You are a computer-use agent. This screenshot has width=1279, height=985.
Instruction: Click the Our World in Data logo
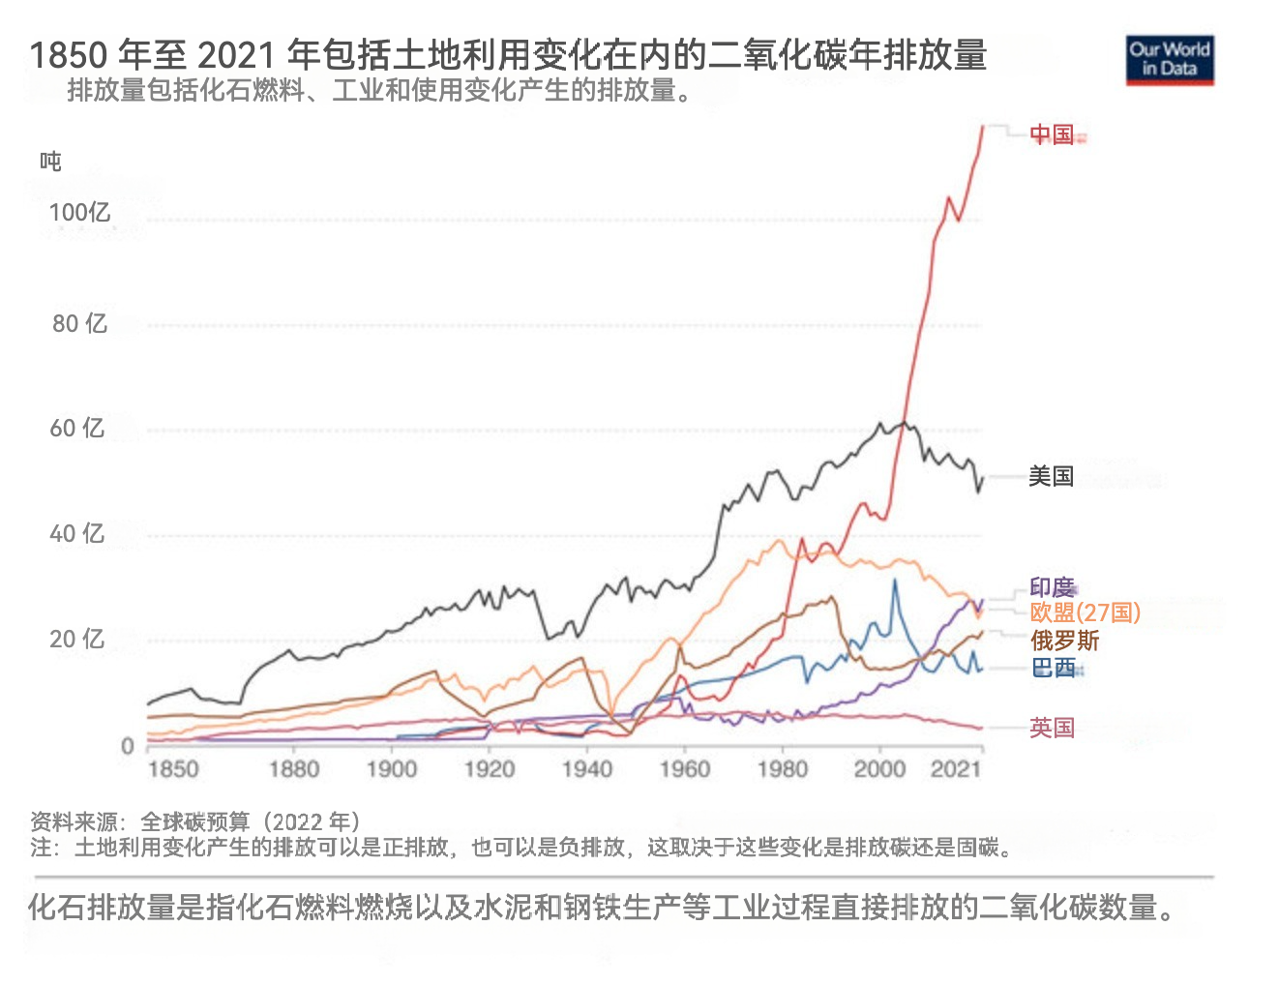[1169, 60]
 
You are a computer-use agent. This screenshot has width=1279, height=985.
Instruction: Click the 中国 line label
[1052, 134]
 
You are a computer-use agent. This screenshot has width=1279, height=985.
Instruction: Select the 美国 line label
[1051, 476]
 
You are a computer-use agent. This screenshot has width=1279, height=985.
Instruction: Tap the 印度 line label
[1052, 587]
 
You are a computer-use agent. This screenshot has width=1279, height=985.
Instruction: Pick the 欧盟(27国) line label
[1085, 612]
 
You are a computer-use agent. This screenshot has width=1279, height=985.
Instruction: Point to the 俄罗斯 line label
[1064, 641]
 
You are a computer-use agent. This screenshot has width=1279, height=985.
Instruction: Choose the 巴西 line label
[1053, 668]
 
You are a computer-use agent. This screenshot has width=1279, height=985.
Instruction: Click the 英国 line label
[1052, 728]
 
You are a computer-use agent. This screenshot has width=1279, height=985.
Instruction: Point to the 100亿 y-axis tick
[79, 213]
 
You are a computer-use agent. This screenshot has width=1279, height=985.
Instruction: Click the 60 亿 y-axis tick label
[77, 428]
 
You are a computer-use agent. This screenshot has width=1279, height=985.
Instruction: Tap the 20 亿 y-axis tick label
[77, 639]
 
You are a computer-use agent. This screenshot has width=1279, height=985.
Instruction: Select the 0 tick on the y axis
[127, 746]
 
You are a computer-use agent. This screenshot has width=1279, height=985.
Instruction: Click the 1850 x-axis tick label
[173, 770]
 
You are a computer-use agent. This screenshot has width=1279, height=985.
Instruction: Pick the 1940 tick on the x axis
[587, 770]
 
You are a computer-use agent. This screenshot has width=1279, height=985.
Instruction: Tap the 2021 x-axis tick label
[956, 770]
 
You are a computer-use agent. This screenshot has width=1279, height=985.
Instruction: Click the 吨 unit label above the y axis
[50, 161]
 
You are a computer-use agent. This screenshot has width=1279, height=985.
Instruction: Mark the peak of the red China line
[983, 126]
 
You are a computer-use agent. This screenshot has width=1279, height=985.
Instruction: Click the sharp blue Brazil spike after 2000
[894, 581]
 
